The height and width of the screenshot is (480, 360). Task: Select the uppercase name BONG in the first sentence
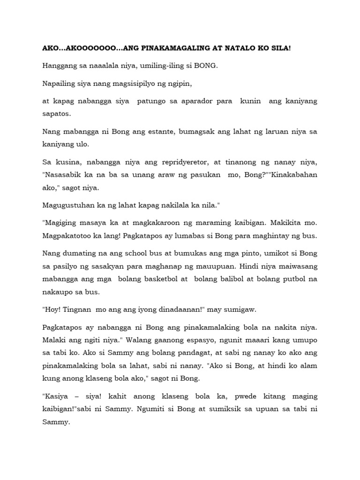click(x=206, y=66)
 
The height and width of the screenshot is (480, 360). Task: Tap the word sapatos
click(x=56, y=113)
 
